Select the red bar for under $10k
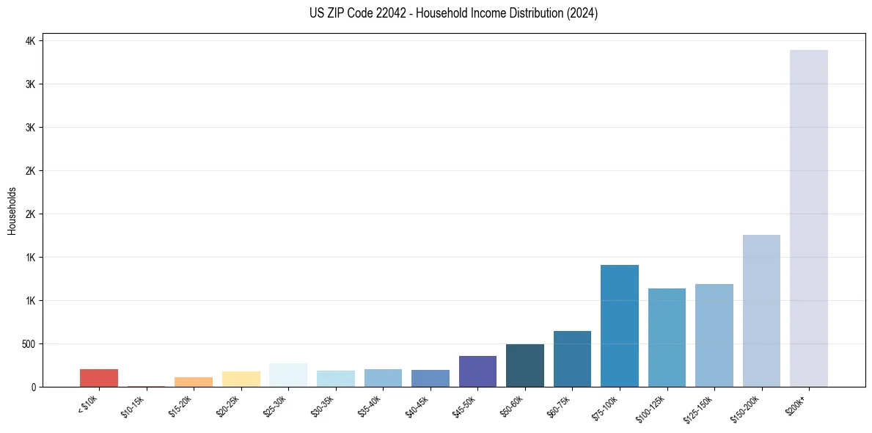click(99, 378)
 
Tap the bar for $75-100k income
click(620, 326)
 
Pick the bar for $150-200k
click(761, 310)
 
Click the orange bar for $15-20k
click(194, 382)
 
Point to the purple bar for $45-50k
click(477, 371)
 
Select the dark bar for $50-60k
click(525, 365)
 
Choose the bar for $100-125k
click(667, 338)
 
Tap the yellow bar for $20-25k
click(241, 379)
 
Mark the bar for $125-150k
click(714, 335)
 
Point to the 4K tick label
click(30, 41)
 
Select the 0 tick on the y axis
click(33, 387)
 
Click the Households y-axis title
click(12, 211)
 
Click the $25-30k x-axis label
click(275, 407)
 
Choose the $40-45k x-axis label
click(417, 407)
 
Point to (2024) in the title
click(582, 13)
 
